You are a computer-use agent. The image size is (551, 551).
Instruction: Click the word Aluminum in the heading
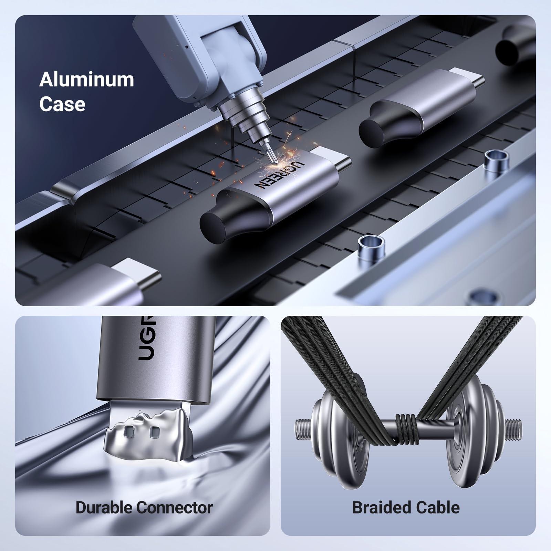click(x=86, y=80)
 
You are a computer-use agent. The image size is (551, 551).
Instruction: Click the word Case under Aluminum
click(x=62, y=104)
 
